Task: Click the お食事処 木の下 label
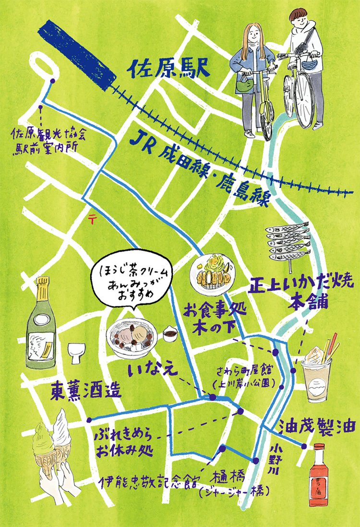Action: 205,319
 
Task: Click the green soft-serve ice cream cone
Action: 48,447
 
